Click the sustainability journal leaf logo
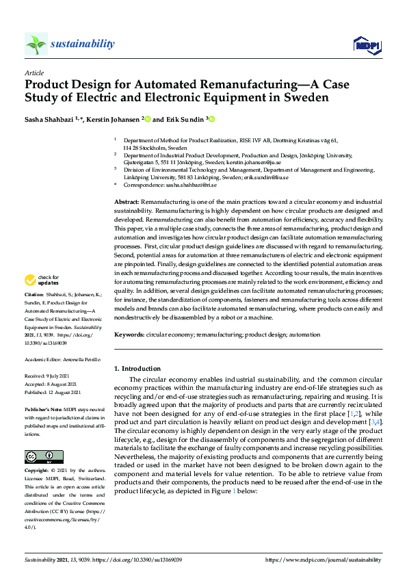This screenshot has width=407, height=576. [x=36, y=44]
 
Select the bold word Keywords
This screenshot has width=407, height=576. [x=129, y=335]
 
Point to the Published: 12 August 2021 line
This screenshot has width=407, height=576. [x=53, y=392]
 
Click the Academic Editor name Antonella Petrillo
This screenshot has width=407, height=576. [x=82, y=359]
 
